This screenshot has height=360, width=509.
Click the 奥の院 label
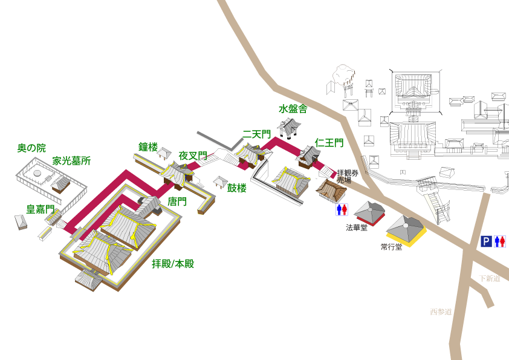click(31, 148)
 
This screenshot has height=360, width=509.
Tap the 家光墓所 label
click(71, 161)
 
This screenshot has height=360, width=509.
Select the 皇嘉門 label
click(41, 209)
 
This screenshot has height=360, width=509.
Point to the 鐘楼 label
click(148, 147)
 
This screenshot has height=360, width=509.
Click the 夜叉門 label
click(193, 156)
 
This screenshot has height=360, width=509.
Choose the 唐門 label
click(177, 201)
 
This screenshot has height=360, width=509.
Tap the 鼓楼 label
click(237, 188)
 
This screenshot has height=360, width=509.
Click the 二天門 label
click(257, 134)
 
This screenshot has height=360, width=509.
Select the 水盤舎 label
click(293, 109)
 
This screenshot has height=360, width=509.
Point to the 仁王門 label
click(329, 143)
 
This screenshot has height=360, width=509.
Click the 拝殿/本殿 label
click(173, 264)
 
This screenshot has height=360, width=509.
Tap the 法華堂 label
click(357, 228)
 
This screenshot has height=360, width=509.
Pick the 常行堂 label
click(391, 247)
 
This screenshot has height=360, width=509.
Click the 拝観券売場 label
click(348, 176)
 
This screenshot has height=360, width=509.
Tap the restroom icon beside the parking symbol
click(500, 241)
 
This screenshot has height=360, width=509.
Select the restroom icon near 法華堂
click(342, 209)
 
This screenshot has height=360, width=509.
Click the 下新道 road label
click(490, 278)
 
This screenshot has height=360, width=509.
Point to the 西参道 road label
click(441, 312)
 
